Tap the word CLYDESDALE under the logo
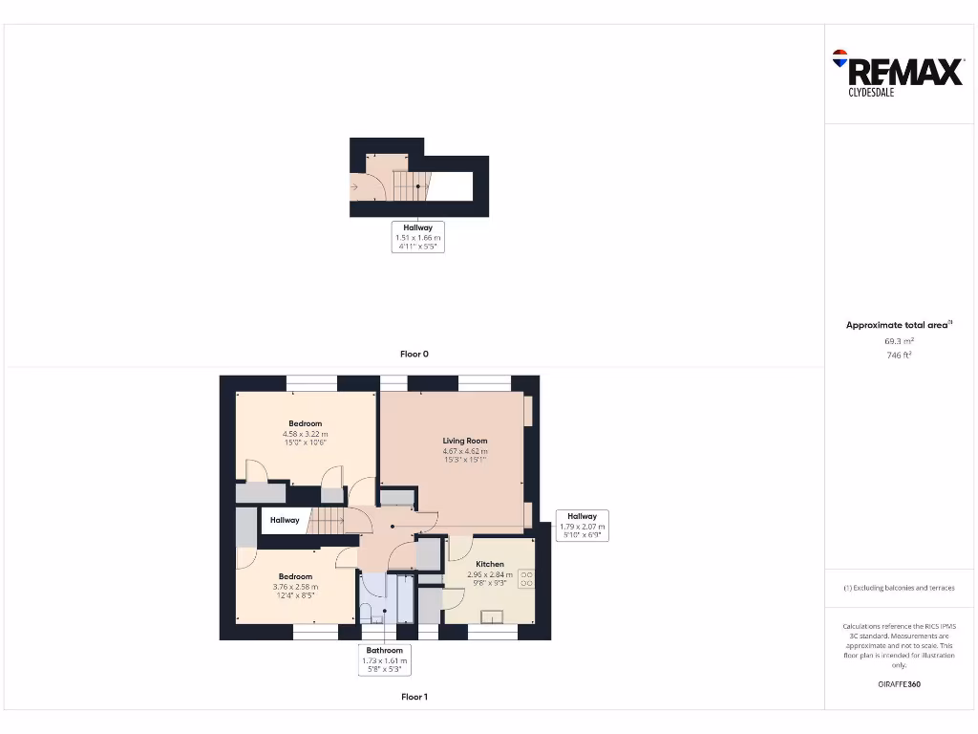871,93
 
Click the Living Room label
465,441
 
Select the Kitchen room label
489,564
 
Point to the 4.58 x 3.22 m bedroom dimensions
305,433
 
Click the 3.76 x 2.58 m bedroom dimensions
295,586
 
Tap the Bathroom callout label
385,651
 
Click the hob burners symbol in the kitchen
526,578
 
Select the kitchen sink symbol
494,616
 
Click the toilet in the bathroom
367,613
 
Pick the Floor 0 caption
414,354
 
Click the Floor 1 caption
414,697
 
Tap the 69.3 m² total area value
899,340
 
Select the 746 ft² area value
899,355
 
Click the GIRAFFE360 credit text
899,684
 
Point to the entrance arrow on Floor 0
355,187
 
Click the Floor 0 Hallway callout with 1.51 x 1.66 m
418,236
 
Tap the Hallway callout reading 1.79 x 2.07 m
582,526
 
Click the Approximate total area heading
899,325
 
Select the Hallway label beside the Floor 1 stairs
285,520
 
